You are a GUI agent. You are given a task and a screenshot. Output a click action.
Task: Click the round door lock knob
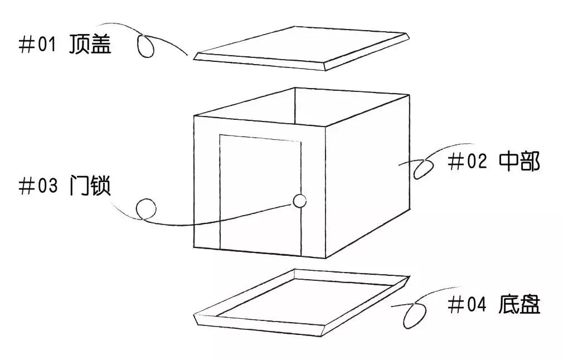[299, 201]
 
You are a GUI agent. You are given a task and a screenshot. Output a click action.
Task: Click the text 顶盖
[90, 44]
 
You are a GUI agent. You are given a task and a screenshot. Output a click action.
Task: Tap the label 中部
[519, 161]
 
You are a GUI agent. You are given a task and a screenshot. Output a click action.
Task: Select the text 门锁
[90, 185]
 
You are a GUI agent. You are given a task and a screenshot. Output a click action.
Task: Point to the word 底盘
[519, 304]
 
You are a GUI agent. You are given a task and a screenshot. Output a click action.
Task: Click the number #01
[38, 45]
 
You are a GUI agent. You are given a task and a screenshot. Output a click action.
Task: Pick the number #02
[467, 161]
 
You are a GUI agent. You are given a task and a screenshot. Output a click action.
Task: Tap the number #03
[38, 186]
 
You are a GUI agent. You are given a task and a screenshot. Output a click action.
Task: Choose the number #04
[467, 305]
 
